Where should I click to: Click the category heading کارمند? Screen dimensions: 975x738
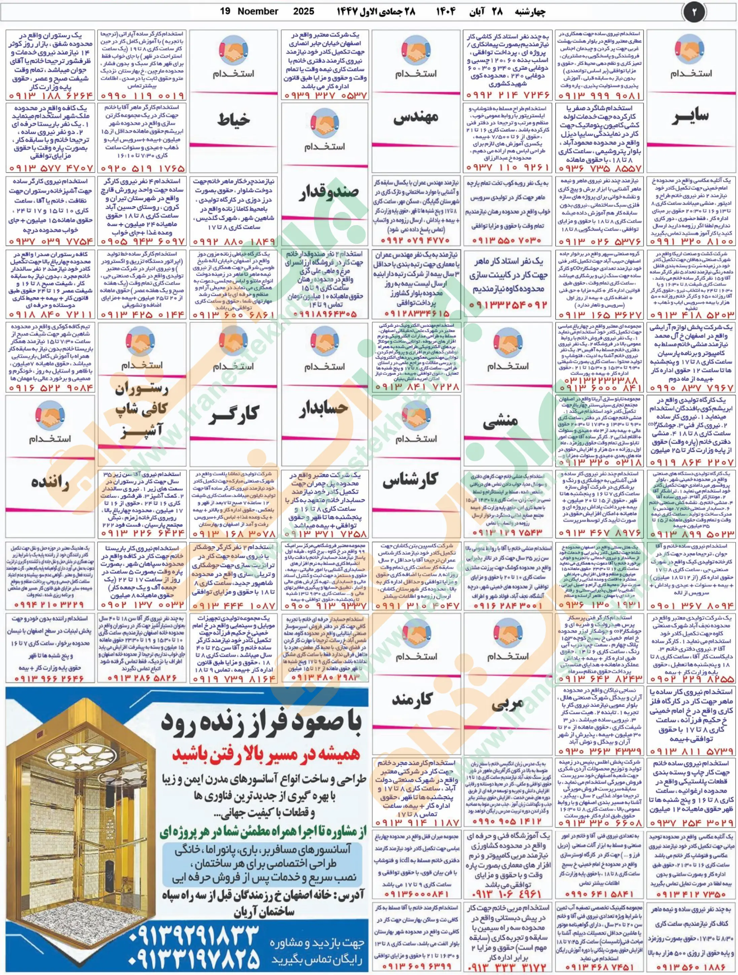(416, 698)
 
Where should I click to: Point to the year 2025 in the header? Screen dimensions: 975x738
(304, 11)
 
